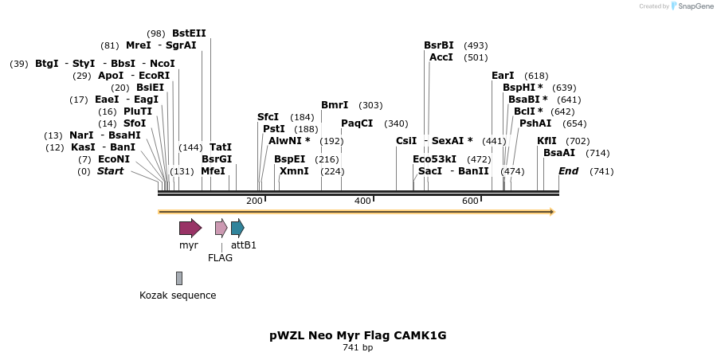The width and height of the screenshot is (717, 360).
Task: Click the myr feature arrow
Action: (190, 228)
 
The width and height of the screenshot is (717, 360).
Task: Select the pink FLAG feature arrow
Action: (221, 228)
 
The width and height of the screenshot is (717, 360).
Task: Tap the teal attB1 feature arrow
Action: (237, 228)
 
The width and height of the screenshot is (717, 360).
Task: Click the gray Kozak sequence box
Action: (179, 278)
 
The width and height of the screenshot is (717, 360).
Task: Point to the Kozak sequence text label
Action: (178, 295)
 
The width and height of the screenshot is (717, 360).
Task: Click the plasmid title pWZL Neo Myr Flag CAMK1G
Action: (358, 335)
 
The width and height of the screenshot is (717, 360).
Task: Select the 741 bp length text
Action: (358, 347)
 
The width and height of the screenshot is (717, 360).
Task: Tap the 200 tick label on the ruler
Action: (254, 201)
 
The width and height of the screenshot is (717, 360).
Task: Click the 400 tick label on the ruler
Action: (362, 201)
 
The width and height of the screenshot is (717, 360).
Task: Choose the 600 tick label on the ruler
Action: (470, 201)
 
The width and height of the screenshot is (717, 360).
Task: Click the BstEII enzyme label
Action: (189, 33)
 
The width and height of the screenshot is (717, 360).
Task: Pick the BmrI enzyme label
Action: (335, 105)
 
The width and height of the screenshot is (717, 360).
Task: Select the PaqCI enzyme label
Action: (357, 123)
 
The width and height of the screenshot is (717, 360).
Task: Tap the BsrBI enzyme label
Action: (439, 45)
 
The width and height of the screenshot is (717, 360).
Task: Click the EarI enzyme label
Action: (503, 76)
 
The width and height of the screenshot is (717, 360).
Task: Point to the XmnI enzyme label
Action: (294, 171)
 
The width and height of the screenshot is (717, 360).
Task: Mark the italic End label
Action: (568, 171)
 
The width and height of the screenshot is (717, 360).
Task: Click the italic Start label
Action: (110, 171)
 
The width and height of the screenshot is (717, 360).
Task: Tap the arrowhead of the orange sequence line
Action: (551, 212)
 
